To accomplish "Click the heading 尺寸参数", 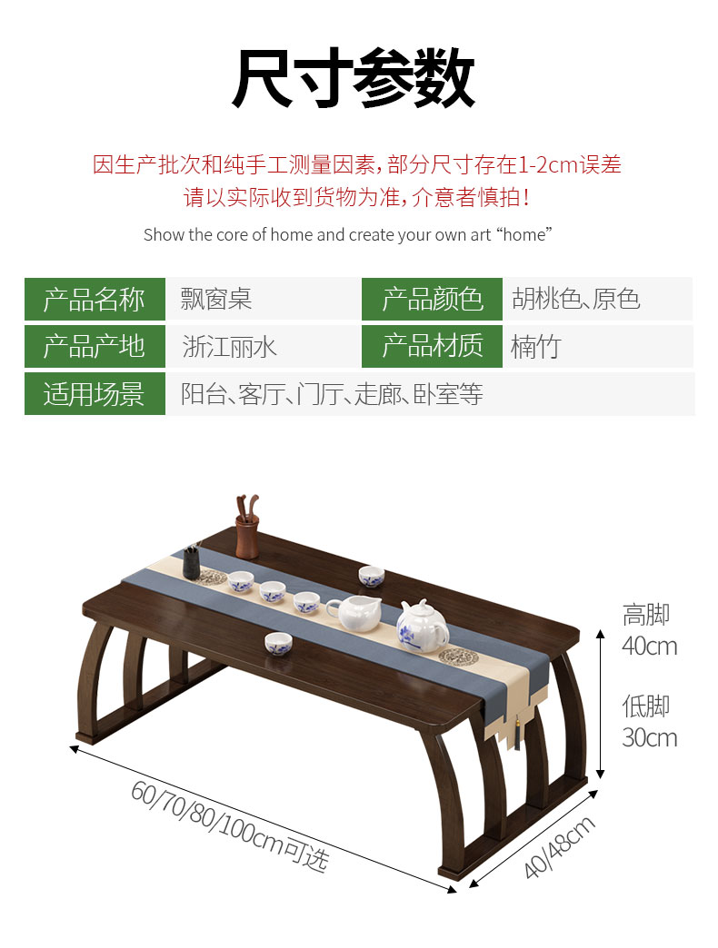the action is tap(354, 80).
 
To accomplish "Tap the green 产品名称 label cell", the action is tap(95, 299).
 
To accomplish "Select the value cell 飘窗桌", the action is tap(216, 299).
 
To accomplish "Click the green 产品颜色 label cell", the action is tap(432, 299).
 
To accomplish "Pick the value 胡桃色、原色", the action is tap(576, 299).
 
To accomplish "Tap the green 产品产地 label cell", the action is tap(95, 346).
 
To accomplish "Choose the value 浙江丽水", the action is tap(229, 347).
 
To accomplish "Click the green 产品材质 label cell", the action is tap(432, 346).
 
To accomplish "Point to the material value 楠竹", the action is tap(536, 347).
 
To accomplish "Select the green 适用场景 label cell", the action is tap(95, 394).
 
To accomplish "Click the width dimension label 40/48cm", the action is tap(561, 846).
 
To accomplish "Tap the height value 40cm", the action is tap(649, 647).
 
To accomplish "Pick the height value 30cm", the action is tap(649, 737).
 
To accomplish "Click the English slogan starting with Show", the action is tap(347, 235).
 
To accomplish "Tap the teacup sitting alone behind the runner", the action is tap(371, 576).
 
